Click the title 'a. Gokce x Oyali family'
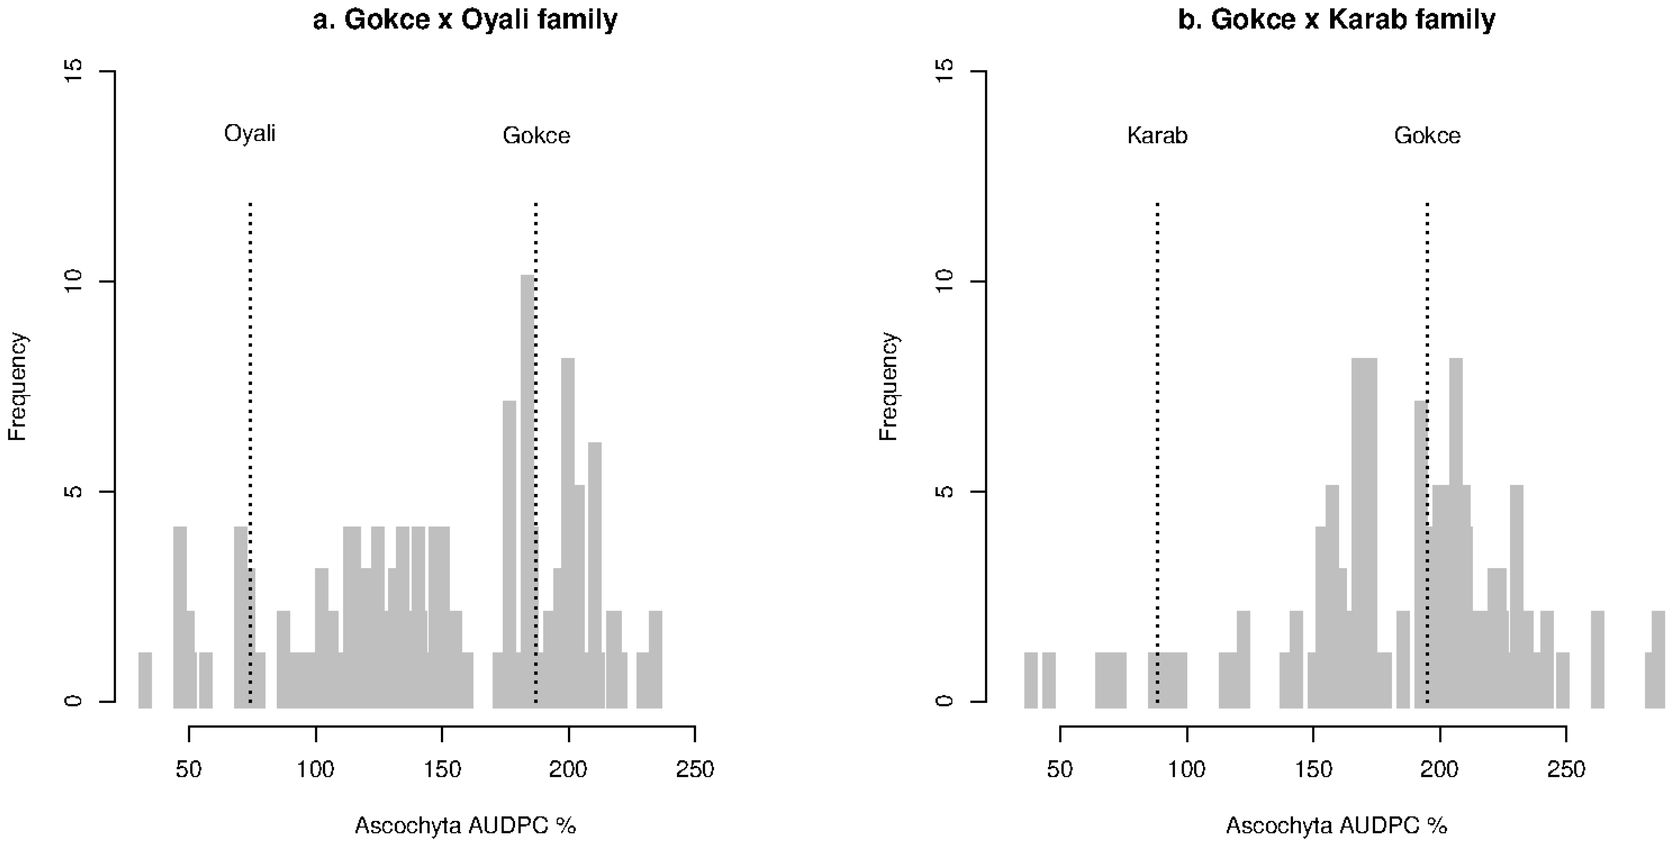point(465,19)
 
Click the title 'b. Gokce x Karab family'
point(1336,19)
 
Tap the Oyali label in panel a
point(250,134)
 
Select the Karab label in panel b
point(1157,136)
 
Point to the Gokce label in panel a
point(536,136)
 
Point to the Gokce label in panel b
point(1427,136)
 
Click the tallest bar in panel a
point(527,487)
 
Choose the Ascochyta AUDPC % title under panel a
point(465,826)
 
